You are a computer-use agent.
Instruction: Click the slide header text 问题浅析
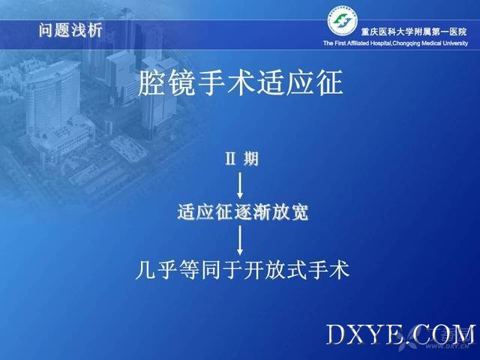click(x=70, y=30)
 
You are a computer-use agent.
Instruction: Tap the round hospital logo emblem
click(x=343, y=22)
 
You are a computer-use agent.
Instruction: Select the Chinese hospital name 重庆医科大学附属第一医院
click(x=414, y=31)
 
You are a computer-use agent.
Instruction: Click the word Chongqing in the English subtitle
click(x=406, y=43)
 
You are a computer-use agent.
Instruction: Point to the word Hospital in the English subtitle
click(x=381, y=43)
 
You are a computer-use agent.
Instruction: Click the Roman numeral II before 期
click(x=230, y=159)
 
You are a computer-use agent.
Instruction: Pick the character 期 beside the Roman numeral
click(x=251, y=159)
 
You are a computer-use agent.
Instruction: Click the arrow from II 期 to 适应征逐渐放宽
click(x=240, y=185)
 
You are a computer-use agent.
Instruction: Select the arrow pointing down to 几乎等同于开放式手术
click(x=240, y=240)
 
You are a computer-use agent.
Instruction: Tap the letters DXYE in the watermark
click(x=364, y=334)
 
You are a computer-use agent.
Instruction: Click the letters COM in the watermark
click(x=443, y=334)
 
